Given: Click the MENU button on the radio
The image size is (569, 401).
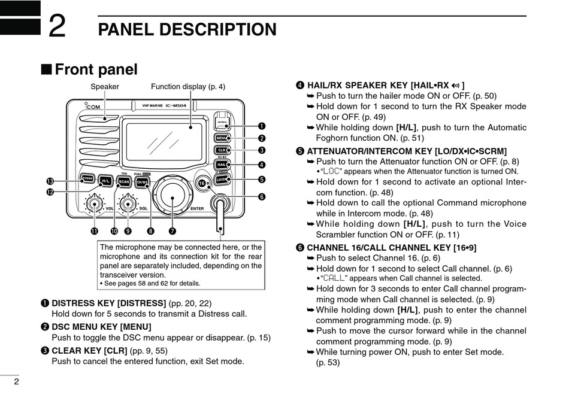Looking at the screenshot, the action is pos(222,138).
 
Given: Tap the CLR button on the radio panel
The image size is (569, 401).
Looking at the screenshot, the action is pos(222,150).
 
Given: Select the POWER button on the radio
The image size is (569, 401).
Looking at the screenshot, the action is pos(87,178).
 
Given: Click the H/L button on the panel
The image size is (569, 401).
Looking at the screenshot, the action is pos(105,180).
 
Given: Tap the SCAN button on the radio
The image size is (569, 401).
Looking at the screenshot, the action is pos(124,181).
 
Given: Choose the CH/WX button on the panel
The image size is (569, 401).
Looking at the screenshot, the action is pos(142,181).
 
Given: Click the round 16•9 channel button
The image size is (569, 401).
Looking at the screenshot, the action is pos(202,183).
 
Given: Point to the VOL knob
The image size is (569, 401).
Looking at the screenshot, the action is pos(93,205).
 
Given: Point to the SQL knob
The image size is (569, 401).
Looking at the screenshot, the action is pos(126,205).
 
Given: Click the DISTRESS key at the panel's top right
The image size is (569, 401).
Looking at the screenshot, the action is pos(222,121).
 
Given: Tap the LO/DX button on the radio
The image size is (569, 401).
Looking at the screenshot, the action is pos(222,179).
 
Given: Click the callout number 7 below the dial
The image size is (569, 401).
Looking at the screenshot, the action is pos(172,230).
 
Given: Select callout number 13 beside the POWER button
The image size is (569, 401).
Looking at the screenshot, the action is pos(50,181).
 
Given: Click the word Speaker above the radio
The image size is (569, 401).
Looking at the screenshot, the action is pos(105,87).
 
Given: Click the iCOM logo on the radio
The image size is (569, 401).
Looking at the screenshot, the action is pos(92,107).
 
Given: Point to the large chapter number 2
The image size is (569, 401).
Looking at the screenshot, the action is pos(57,27).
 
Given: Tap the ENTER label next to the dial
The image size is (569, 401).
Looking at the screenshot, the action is pos(197,208).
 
